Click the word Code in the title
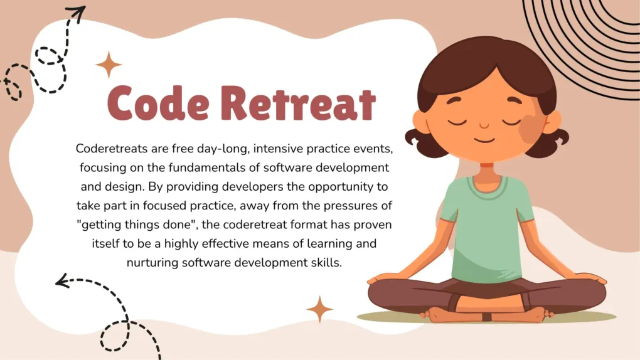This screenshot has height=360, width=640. [158, 103]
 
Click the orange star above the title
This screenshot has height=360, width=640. [109, 65]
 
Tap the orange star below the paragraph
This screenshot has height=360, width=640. [319, 309]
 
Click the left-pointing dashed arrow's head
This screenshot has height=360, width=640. [62, 281]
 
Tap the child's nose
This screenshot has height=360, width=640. [484, 125]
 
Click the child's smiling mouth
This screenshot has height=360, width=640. [484, 141]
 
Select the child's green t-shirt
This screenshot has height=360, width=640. [486, 228]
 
